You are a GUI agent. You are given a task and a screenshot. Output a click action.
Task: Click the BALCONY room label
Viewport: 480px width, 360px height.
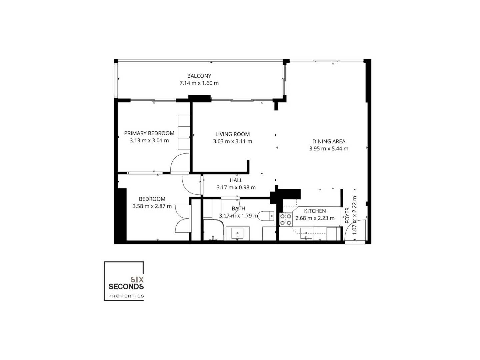[x=199, y=76]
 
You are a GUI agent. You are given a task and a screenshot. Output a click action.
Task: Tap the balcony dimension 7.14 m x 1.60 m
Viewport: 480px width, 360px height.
[x=199, y=83]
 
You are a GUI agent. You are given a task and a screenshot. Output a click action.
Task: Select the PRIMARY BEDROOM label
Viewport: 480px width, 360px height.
[x=149, y=133]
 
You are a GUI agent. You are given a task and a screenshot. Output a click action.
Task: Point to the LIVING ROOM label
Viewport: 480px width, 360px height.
[x=232, y=134]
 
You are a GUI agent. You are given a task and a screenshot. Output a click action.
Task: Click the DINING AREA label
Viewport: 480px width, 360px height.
[x=329, y=141]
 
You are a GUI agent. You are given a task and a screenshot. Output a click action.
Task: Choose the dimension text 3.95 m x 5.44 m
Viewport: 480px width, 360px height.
[x=329, y=149]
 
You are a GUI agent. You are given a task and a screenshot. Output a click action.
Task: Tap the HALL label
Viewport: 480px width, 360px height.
[x=236, y=180]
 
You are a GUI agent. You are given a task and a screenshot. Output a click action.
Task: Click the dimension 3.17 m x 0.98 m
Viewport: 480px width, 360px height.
[x=236, y=187]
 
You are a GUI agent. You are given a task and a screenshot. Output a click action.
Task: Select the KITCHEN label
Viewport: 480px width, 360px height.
[x=315, y=211]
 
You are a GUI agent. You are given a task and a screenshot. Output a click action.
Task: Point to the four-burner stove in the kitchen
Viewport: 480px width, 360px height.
[x=286, y=219]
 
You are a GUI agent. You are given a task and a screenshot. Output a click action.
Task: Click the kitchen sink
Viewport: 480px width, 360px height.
[x=306, y=234]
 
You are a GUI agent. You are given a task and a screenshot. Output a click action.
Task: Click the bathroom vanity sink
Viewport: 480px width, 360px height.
[x=237, y=233]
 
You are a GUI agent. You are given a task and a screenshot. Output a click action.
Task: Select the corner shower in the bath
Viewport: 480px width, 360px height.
[x=213, y=230]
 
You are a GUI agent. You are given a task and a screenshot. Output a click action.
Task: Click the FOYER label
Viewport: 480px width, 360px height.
[x=347, y=215]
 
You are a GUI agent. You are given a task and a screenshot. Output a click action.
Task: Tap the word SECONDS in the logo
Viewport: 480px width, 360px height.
[x=126, y=286]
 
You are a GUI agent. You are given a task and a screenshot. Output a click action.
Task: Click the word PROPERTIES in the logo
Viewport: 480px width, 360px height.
[x=126, y=296]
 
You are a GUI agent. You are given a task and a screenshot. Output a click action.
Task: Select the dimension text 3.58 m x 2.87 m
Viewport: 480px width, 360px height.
[x=152, y=206]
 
